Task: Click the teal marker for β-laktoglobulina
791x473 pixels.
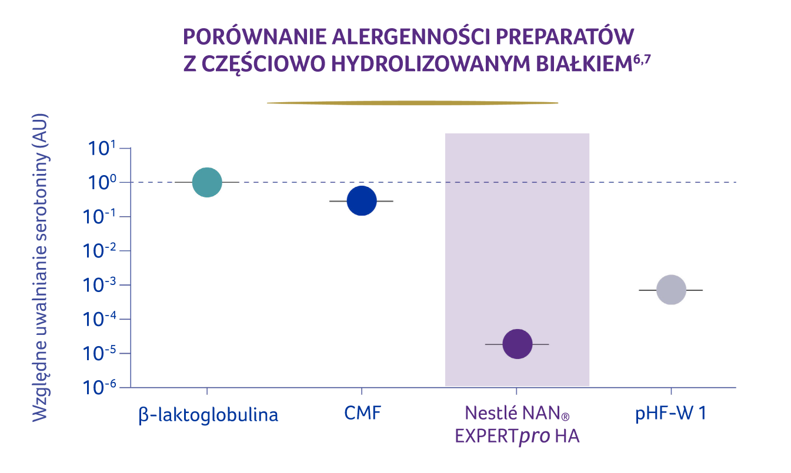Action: (207, 182)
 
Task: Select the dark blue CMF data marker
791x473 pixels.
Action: (361, 201)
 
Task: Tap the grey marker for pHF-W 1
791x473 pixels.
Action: (671, 290)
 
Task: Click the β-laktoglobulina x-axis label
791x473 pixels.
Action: (208, 415)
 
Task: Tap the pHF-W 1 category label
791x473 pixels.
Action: (670, 413)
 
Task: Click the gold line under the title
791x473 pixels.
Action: (412, 103)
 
